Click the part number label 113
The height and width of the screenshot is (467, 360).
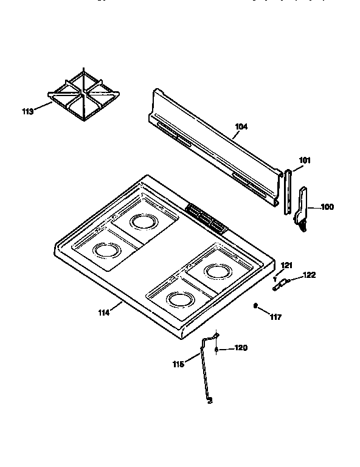pos(27,111)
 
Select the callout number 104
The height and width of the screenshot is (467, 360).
pos(241,126)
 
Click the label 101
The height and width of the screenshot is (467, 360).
pos(305,161)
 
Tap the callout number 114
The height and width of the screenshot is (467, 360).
pos(104,313)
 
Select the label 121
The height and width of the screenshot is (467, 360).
pos(286,265)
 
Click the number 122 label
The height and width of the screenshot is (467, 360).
pos(309,275)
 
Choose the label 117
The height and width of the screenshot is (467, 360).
pos(275,316)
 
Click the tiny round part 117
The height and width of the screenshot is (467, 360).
pos(256,306)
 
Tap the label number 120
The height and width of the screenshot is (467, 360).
pos(241,348)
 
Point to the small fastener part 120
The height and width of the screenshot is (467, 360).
pos(217,349)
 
